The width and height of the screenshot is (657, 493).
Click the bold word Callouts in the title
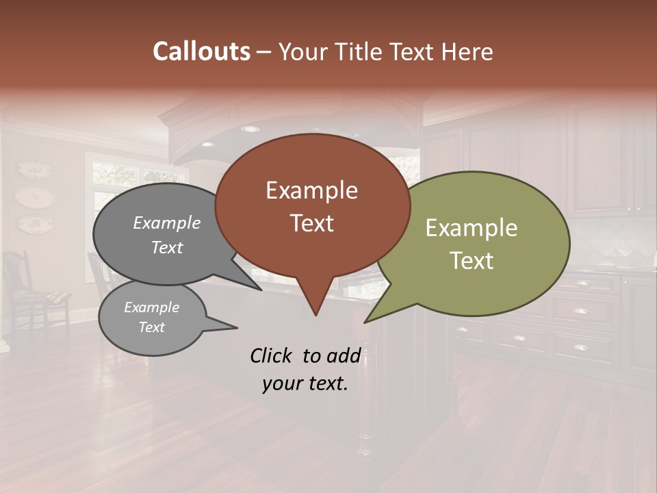tap(201, 51)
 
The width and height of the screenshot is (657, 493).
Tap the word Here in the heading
tap(469, 52)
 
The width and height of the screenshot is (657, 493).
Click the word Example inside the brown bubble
tap(311, 190)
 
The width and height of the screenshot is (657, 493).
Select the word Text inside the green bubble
tap(471, 261)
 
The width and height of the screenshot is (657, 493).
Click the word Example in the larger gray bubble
tap(166, 223)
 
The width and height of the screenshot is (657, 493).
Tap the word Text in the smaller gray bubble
tap(151, 327)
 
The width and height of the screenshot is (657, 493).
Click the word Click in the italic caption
tap(272, 355)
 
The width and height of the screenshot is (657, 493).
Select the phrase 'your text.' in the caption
tap(305, 383)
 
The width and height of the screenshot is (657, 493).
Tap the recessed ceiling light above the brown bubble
tap(250, 129)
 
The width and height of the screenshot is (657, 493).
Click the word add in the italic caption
tap(344, 355)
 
